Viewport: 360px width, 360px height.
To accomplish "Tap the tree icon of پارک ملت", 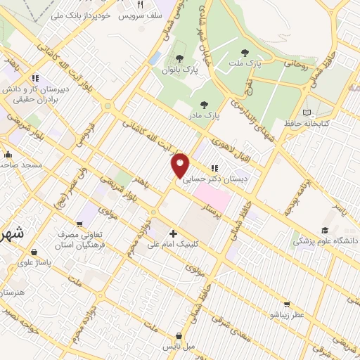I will [x=245, y=52].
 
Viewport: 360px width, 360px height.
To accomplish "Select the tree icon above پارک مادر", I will [x=204, y=104].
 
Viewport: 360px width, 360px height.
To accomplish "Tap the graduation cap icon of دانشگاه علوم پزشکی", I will [x=325, y=231].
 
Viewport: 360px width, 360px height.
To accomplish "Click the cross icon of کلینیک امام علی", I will [x=173, y=233].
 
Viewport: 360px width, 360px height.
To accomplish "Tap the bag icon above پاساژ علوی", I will [x=33, y=252].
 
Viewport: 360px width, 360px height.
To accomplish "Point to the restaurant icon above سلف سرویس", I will [x=140, y=5].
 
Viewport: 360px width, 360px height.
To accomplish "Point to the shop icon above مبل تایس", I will [x=181, y=336].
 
